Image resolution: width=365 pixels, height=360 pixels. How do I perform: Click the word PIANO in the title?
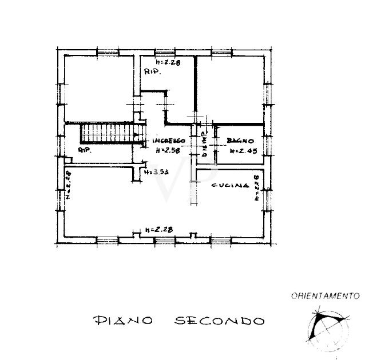121,321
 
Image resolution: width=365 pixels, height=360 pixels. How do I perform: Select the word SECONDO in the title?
219,321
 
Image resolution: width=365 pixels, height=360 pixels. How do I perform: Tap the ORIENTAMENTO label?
324,296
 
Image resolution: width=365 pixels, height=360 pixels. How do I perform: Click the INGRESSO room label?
168,141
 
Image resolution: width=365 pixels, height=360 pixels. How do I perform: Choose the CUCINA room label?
230,186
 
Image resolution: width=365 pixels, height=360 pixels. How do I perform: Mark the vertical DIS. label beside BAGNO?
204,143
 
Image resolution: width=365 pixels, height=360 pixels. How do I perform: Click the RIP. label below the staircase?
85,150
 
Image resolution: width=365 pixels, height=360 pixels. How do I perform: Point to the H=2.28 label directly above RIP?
168,63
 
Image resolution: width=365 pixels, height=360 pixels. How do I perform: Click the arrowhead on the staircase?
137,135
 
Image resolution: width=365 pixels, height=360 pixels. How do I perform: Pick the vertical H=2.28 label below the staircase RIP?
68,184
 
